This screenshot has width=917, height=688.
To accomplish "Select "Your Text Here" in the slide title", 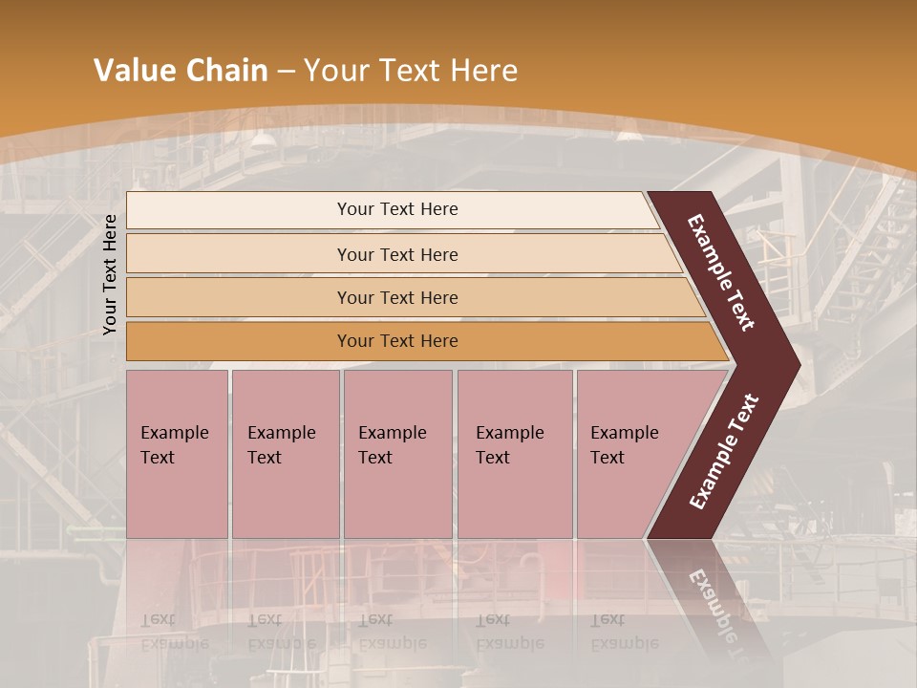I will [411, 71].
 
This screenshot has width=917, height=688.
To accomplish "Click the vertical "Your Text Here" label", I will [110, 275].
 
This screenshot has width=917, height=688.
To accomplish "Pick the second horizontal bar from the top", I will [396, 254].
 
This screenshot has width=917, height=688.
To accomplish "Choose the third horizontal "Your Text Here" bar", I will [396, 297].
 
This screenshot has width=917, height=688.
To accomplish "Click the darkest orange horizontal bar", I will [396, 341].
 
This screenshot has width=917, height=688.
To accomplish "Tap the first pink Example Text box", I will [177, 453].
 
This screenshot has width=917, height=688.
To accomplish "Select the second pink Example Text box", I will [285, 453].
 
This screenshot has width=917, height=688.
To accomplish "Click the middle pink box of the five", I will [397, 453].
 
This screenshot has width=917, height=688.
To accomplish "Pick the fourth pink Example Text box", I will [514, 453].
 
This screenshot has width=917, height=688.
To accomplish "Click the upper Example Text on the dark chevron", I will [721, 272].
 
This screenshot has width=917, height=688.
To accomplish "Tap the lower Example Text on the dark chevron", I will [723, 452].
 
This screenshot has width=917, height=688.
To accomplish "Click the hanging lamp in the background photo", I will [262, 141].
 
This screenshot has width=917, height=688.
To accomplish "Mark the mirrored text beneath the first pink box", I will [175, 632].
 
